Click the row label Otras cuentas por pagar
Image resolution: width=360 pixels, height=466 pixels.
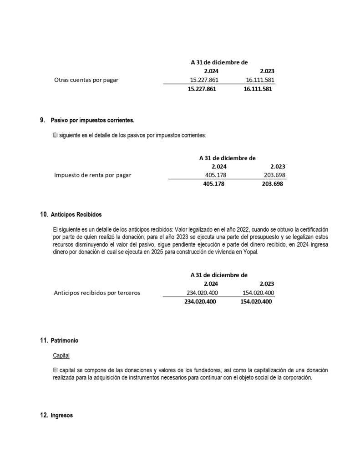tap(86, 80)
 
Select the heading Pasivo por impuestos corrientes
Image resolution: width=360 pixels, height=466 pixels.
tap(93, 121)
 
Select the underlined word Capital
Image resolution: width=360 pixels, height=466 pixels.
tap(61, 355)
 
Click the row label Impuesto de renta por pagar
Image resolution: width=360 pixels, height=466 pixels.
tap(92, 175)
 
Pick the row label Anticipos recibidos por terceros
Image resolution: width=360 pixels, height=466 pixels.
tap(97, 293)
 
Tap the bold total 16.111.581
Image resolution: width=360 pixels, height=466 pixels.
tap(258, 89)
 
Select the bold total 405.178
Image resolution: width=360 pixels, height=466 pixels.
tap(213, 184)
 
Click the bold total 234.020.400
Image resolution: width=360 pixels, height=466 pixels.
tap(200, 302)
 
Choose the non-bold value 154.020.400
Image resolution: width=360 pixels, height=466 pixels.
tap(257, 293)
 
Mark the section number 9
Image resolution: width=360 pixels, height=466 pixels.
tap(42, 121)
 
